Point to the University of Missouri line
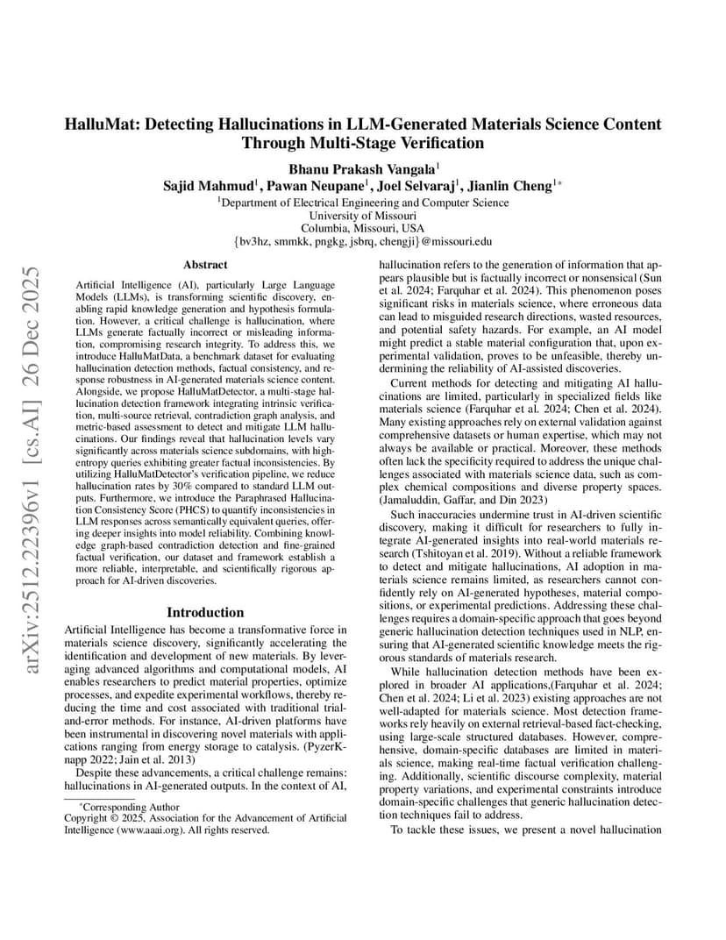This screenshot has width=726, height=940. pos(363,215)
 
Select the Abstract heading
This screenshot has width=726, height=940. pos(205,264)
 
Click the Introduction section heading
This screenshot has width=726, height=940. pos(205,612)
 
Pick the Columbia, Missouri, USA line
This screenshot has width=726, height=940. pos(363,228)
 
